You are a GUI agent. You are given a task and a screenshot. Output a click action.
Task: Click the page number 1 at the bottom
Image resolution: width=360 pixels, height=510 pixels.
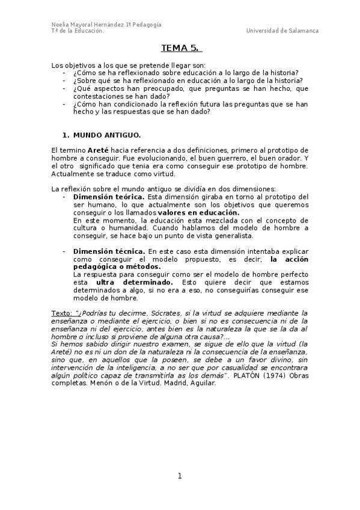click(x=180, y=476)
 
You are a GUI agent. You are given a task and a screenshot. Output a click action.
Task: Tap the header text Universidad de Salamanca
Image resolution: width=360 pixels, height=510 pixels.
click(x=282, y=31)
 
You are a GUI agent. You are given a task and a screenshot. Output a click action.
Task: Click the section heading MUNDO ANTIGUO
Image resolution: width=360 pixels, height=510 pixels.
click(x=107, y=136)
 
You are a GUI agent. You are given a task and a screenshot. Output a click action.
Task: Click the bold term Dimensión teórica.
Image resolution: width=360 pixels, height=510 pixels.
click(x=108, y=197)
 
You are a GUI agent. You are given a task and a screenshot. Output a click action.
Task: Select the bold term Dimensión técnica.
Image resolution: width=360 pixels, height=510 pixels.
click(x=108, y=250)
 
